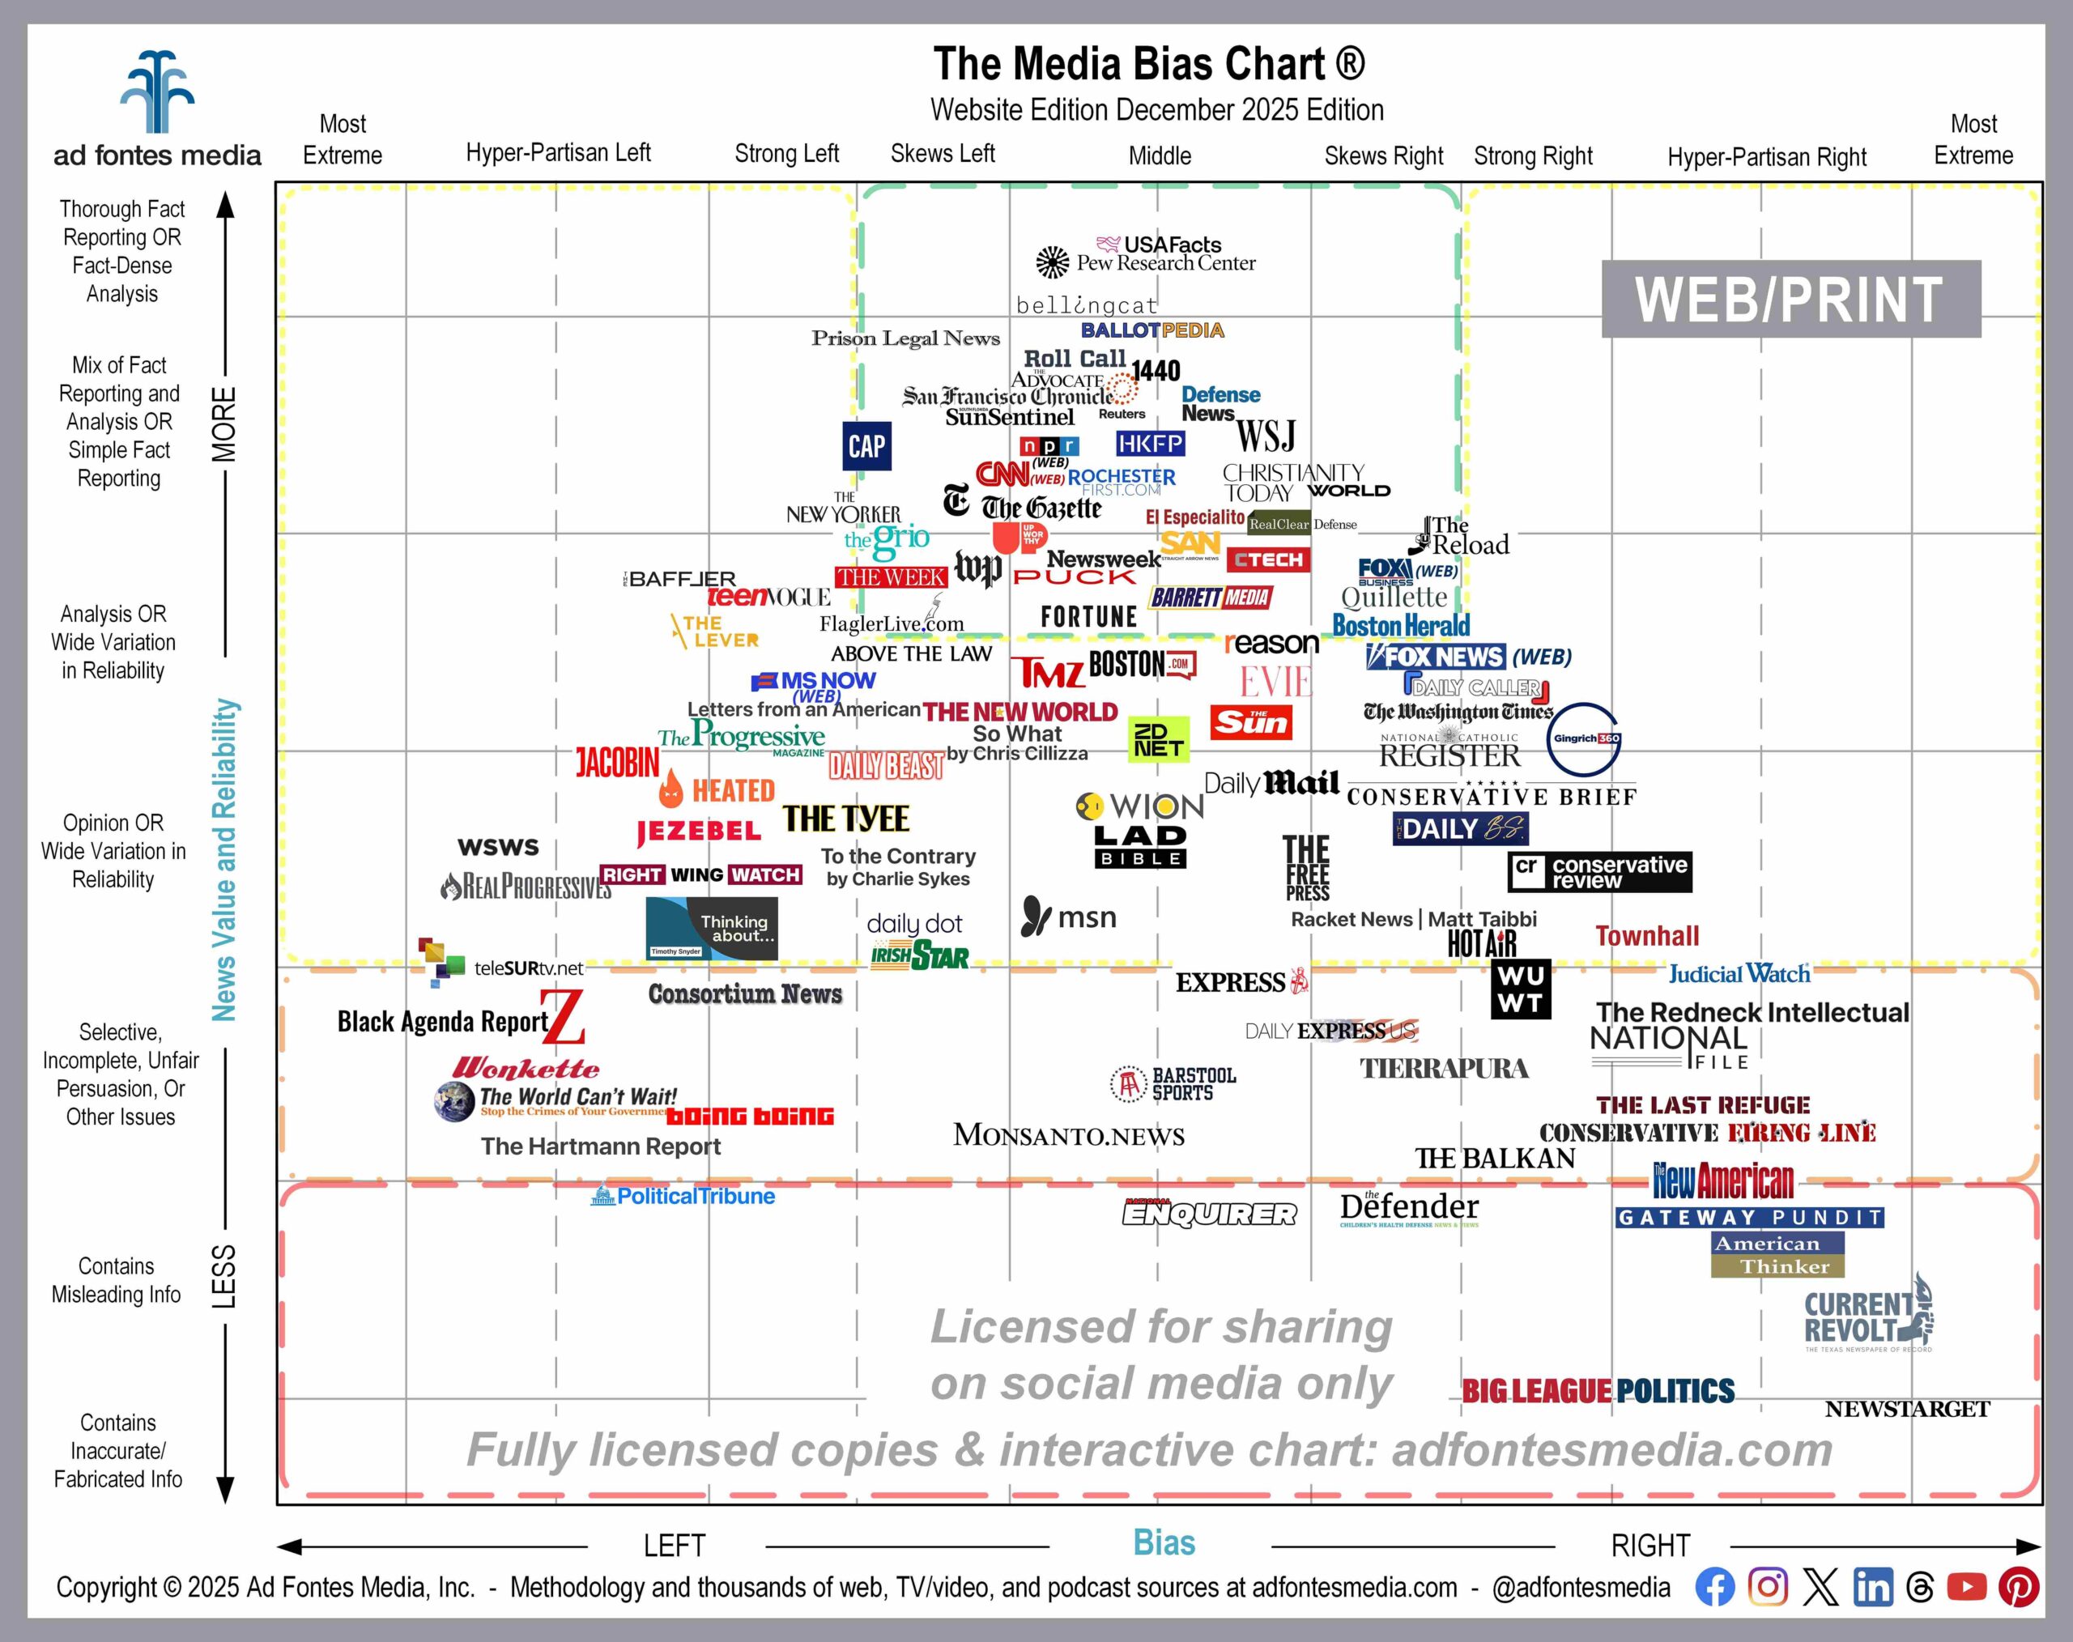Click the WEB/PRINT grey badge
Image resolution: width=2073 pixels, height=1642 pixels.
point(1790,299)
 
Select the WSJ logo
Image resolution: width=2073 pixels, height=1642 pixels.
point(1266,436)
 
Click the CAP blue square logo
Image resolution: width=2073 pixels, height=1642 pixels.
point(866,446)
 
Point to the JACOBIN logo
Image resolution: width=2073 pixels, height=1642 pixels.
point(617,764)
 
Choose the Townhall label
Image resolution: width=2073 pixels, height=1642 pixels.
point(1646,935)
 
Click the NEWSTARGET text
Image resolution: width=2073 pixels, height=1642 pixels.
point(1907,1410)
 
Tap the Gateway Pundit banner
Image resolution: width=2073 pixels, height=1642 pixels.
point(1749,1217)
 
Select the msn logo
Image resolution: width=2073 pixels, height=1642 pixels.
point(1068,917)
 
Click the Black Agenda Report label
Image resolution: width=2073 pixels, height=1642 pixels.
point(442,1022)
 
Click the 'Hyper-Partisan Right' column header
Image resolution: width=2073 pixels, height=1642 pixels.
point(1766,157)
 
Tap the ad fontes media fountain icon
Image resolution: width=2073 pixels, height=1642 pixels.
point(157,92)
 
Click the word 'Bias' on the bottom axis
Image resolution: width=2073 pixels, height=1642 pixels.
point(1164,1543)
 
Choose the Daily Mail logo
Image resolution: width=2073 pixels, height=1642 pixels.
point(1271,784)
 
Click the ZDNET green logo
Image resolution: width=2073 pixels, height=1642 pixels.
point(1158,739)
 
